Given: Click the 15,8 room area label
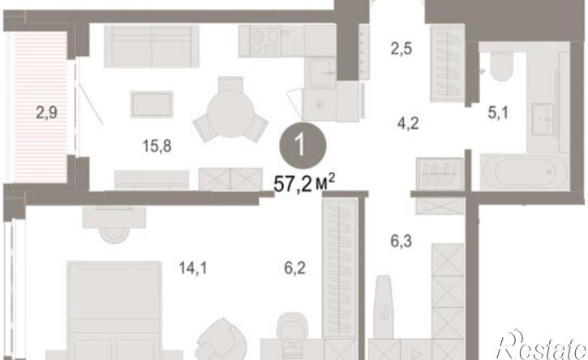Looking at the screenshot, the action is (x=157, y=146).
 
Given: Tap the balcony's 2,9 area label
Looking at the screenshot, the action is (x=47, y=113).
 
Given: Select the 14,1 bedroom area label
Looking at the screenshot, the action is (x=193, y=268).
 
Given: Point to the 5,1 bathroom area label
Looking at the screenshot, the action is (x=498, y=112).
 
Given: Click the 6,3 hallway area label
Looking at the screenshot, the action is (x=401, y=241).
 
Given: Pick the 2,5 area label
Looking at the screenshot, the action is (x=401, y=49).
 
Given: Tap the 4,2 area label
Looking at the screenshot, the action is (x=408, y=123).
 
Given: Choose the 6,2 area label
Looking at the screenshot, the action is (x=294, y=268).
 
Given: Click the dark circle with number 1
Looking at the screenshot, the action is (x=303, y=145).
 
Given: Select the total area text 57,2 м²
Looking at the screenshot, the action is (x=304, y=183).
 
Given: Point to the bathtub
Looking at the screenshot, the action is (x=525, y=172).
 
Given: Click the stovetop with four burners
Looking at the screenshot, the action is (x=265, y=41).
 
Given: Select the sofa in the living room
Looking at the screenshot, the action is (x=152, y=46).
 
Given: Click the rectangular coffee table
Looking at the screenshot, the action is (x=152, y=105).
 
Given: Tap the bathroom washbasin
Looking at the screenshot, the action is (x=543, y=119).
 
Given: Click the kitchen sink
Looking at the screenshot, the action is (x=320, y=72).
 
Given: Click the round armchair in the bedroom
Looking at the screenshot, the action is (x=222, y=341).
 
